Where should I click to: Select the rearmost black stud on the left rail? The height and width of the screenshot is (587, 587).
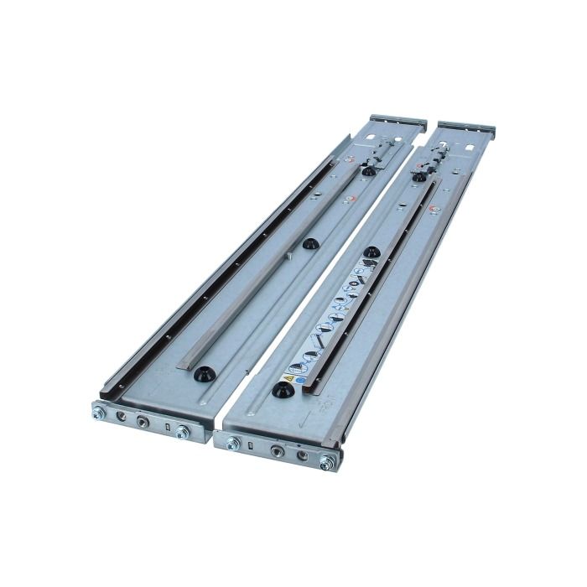[x=367, y=170]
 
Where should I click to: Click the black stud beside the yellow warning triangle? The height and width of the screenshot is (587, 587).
[x=280, y=391]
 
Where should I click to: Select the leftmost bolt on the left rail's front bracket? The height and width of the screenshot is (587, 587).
[x=99, y=412]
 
